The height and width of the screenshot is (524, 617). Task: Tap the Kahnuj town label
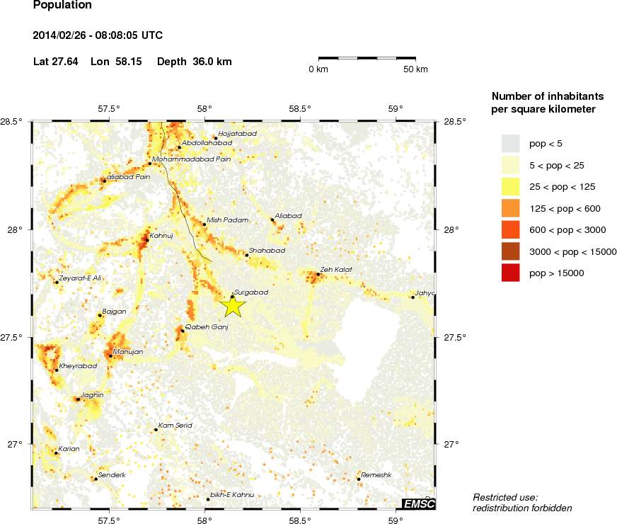[x=161, y=234]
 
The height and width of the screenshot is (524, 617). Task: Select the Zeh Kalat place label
[x=335, y=269]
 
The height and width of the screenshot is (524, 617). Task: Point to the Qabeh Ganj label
[x=206, y=326]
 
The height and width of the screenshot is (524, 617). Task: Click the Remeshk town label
[x=376, y=474]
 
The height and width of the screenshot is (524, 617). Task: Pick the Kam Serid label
[x=175, y=426]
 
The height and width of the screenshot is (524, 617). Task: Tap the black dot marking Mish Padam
[x=204, y=224]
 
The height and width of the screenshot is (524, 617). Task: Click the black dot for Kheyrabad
[x=56, y=370]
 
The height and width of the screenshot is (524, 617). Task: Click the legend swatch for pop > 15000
[x=510, y=273]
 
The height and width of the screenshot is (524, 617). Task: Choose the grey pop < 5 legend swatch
[x=510, y=144]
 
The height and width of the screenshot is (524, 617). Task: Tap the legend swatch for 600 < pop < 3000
[x=510, y=229]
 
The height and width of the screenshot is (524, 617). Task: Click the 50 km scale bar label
[x=415, y=69]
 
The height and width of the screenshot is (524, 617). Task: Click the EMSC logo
[x=418, y=503]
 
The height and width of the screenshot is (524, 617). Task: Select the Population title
[x=62, y=6]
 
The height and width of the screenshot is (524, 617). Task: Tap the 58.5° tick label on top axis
[x=300, y=108]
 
